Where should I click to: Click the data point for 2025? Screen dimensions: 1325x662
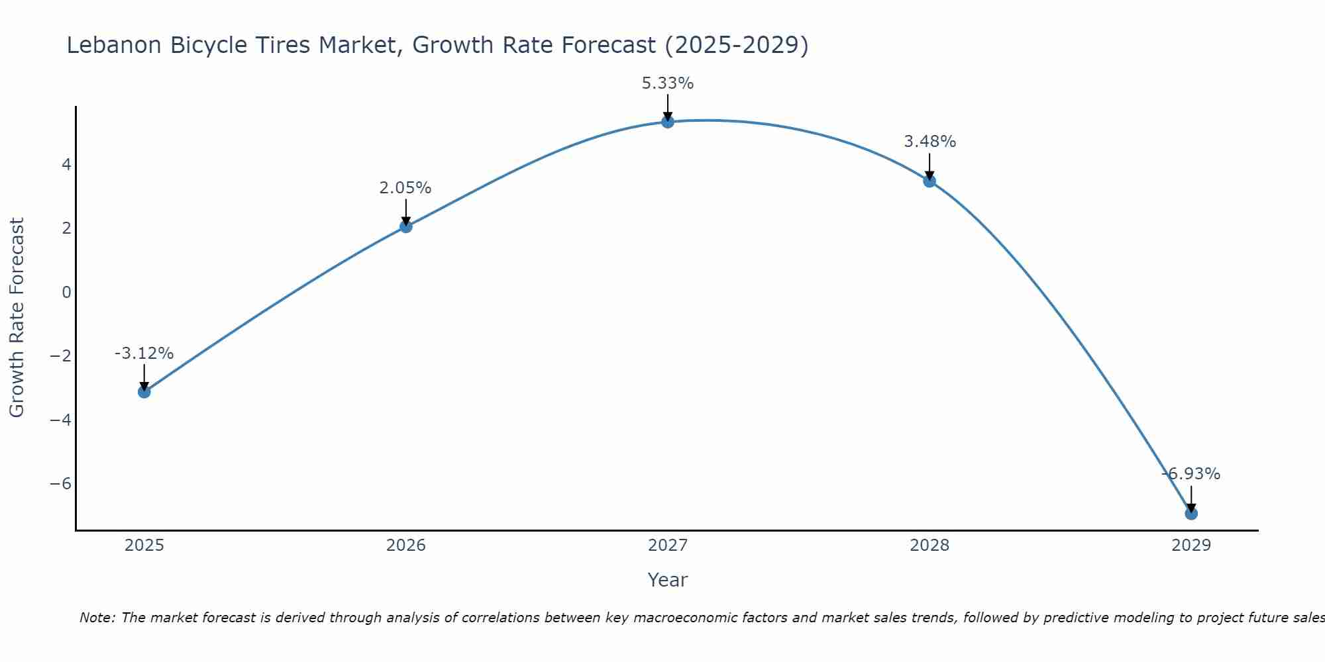pyautogui.click(x=144, y=392)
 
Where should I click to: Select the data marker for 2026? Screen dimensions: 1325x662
pyautogui.click(x=406, y=226)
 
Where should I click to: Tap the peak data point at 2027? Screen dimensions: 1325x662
pyautogui.click(x=668, y=122)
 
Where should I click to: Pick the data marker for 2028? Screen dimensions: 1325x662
pyautogui.click(x=929, y=181)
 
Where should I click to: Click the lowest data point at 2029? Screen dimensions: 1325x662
pyautogui.click(x=1191, y=513)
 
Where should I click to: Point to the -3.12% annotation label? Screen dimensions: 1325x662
pyautogui.click(x=144, y=354)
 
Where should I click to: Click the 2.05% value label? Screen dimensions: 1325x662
pyautogui.click(x=405, y=188)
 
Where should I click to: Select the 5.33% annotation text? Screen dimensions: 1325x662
pyautogui.click(x=668, y=83)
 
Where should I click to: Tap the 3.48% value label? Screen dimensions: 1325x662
pyautogui.click(x=929, y=142)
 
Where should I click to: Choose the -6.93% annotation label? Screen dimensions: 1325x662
pyautogui.click(x=1191, y=474)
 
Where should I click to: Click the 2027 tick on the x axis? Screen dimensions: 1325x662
pyautogui.click(x=668, y=545)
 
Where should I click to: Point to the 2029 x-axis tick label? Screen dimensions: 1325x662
pyautogui.click(x=1191, y=545)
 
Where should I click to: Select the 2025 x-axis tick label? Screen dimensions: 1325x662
pyautogui.click(x=144, y=545)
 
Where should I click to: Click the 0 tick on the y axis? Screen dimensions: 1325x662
pyautogui.click(x=66, y=292)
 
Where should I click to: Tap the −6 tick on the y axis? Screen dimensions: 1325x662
pyautogui.click(x=61, y=483)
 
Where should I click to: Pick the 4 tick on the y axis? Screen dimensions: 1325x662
pyautogui.click(x=66, y=164)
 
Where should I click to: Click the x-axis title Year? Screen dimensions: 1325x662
pyautogui.click(x=668, y=580)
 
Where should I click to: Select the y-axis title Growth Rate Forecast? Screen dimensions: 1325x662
pyautogui.click(x=17, y=318)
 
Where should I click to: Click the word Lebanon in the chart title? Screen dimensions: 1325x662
pyautogui.click(x=114, y=45)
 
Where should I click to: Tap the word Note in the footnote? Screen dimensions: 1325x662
pyautogui.click(x=97, y=618)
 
